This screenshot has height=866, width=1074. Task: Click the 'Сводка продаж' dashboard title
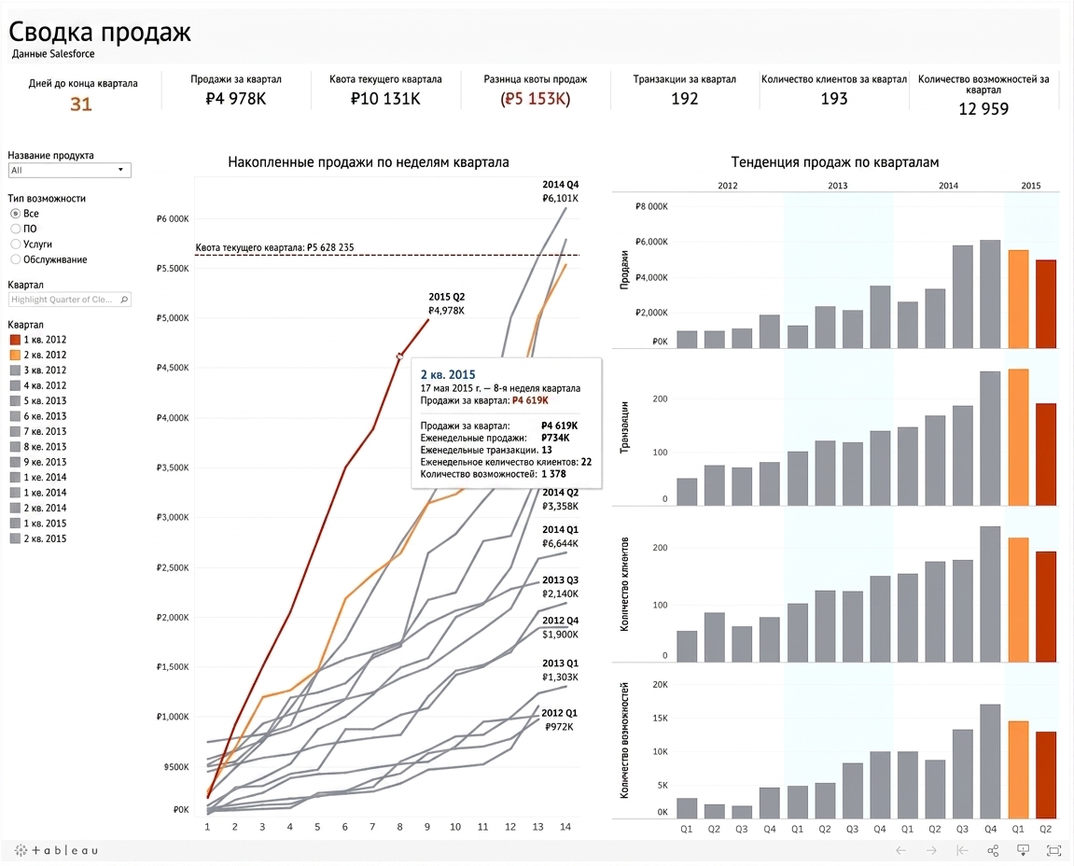(100, 32)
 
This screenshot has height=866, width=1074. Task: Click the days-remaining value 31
(81, 105)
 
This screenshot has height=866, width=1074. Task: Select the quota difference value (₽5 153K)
(536, 99)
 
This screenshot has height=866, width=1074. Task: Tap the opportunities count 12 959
(983, 109)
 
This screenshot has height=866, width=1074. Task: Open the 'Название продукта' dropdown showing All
(69, 170)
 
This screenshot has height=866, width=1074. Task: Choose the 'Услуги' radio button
(16, 244)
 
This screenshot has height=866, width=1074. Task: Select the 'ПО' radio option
(16, 229)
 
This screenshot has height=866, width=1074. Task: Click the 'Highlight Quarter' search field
(69, 300)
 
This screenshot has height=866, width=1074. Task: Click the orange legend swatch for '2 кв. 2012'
(15, 355)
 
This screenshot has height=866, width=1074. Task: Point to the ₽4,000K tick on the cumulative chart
(173, 418)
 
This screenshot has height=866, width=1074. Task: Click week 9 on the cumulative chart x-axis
(427, 827)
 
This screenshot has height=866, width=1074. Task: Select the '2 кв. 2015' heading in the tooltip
(448, 375)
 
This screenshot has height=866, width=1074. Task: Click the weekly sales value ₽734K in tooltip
(555, 438)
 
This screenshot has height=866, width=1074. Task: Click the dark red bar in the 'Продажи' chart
(1045, 303)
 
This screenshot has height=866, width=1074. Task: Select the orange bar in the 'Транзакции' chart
(1018, 437)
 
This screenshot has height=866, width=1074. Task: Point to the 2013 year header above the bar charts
(838, 186)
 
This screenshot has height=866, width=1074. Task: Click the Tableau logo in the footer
(56, 850)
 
